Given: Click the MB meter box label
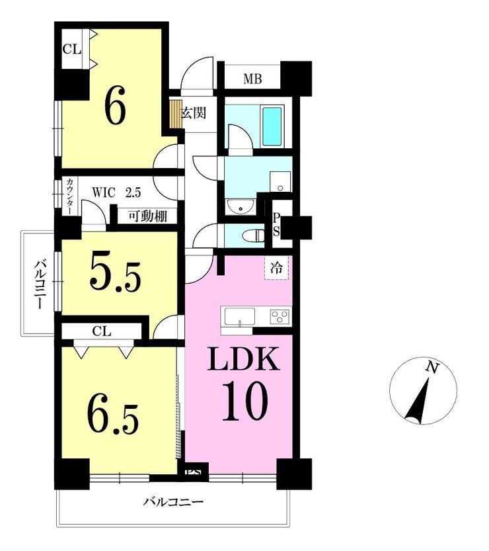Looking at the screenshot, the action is [252, 79].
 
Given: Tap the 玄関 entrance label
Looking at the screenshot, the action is [194, 113].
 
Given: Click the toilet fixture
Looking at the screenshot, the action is [255, 235].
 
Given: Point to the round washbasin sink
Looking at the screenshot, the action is [241, 206].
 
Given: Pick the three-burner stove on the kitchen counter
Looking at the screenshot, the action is [280, 316].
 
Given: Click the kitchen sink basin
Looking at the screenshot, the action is [240, 318].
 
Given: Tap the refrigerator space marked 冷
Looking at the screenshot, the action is [276, 268].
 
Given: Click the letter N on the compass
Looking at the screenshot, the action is [432, 368].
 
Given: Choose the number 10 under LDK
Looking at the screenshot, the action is [245, 402].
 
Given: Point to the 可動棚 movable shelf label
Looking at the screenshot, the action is [147, 216].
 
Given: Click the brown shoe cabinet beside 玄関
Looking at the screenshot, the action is [176, 114].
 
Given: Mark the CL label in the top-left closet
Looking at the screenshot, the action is [71, 49].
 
